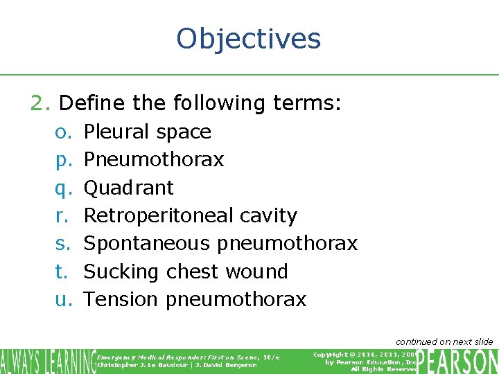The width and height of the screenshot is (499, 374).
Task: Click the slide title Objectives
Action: (x=249, y=39)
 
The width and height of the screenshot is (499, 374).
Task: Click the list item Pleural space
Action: (x=147, y=132)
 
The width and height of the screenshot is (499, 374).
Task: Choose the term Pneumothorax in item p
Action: (x=153, y=159)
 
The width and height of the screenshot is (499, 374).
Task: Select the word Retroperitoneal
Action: (x=159, y=215)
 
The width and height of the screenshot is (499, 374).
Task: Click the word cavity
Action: (x=268, y=215)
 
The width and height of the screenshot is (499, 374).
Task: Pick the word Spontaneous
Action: (x=146, y=243)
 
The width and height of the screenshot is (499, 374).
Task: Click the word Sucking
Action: (x=122, y=271)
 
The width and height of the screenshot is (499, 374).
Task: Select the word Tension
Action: (x=121, y=299)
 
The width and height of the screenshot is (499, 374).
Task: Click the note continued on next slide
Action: (x=444, y=341)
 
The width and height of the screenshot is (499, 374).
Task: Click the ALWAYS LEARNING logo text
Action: (x=47, y=361)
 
